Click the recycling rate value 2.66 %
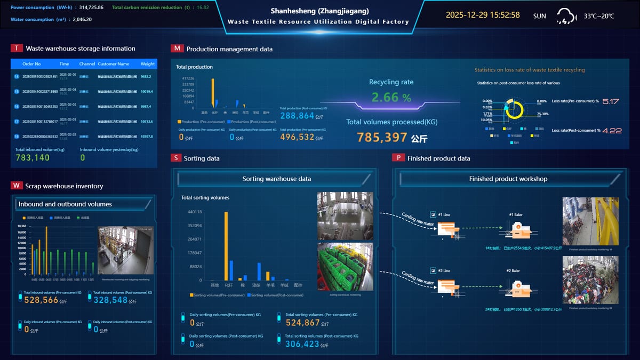(391, 97)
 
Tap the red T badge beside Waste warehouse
(17, 48)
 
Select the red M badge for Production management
(177, 49)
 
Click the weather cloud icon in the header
(566, 16)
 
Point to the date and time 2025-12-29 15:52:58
(483, 15)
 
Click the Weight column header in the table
(148, 64)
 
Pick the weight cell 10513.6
(147, 122)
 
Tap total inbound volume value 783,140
(33, 158)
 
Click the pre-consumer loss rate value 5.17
(610, 101)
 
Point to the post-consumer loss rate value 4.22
(612, 130)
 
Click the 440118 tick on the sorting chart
(195, 212)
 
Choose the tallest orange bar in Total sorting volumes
(226, 246)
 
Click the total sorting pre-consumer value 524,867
(302, 323)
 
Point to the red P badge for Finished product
(398, 158)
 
